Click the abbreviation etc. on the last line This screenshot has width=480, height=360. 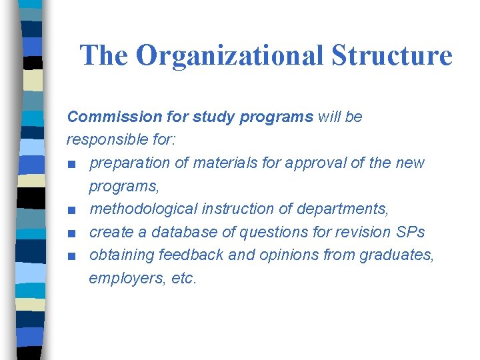point(184,279)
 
